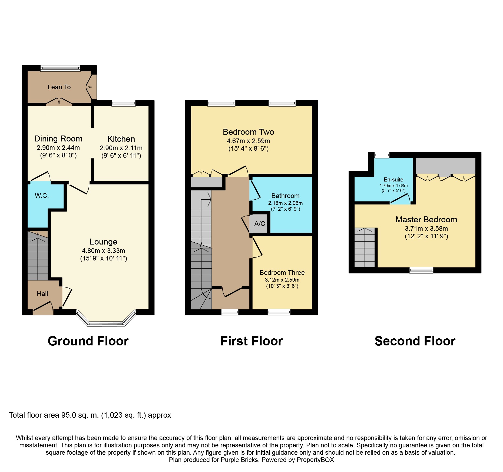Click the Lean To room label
point(59,87)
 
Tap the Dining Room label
point(58,139)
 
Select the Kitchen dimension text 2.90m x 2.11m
point(121,148)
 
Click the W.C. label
point(42,196)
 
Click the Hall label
point(42,294)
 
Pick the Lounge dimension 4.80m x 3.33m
point(103,251)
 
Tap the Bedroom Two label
point(248,132)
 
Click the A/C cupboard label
point(260,224)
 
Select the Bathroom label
point(285,196)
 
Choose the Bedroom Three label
point(282,273)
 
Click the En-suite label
point(393,180)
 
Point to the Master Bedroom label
point(426,220)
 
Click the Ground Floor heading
point(88,341)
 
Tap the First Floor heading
point(251,341)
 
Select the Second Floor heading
point(415,341)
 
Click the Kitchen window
point(123,103)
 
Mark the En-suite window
point(382,155)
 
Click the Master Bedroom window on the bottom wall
point(421,270)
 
